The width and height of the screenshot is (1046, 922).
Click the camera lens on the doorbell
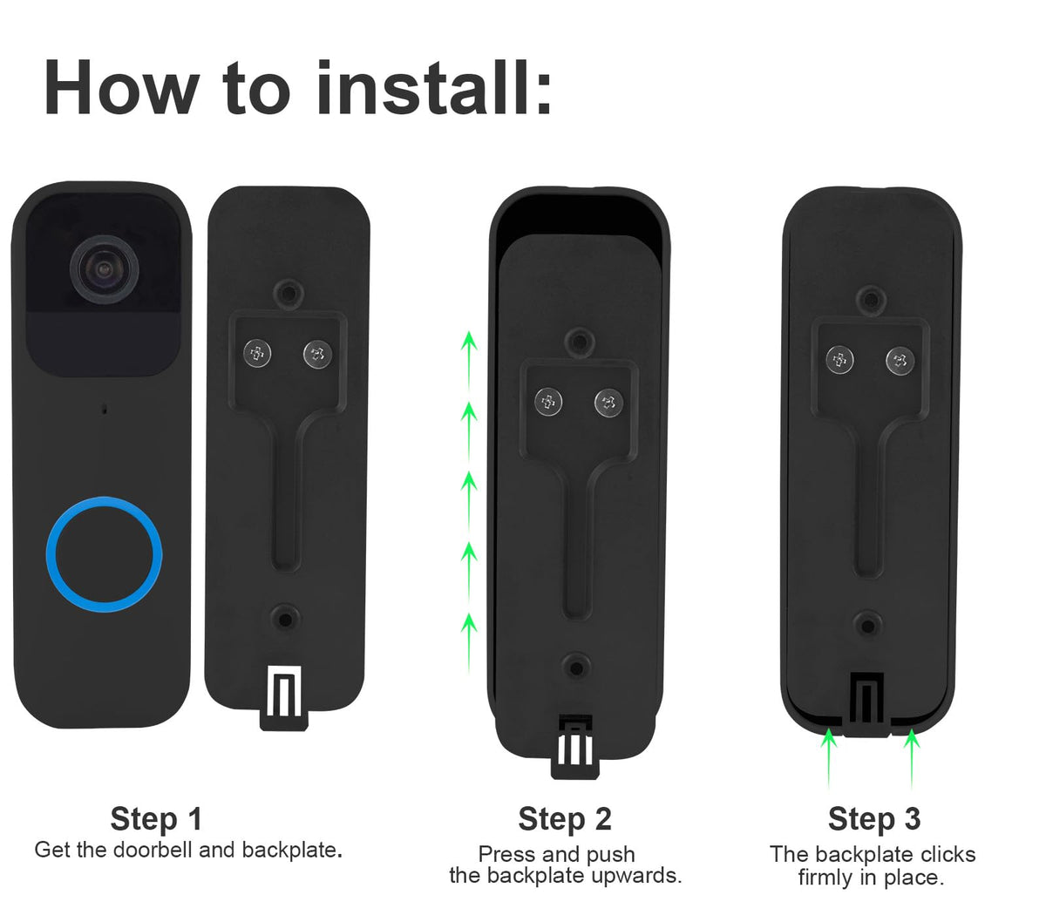[105, 269]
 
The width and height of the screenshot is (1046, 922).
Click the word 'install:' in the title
[434, 88]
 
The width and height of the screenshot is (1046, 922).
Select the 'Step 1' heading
[156, 818]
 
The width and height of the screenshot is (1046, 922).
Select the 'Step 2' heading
[565, 818]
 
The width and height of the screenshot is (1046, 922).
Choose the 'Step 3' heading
[874, 818]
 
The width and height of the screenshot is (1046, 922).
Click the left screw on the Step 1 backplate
[257, 354]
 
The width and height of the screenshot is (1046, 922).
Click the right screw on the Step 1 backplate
[317, 354]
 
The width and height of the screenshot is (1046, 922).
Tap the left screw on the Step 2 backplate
[548, 402]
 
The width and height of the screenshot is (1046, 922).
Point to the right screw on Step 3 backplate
[900, 360]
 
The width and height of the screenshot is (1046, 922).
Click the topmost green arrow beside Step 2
[469, 362]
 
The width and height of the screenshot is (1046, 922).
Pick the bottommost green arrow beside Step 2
[469, 644]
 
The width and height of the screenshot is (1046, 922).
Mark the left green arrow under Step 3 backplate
[829, 758]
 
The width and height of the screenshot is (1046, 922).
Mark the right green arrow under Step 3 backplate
[912, 758]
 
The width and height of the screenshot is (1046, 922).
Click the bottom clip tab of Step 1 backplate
[284, 698]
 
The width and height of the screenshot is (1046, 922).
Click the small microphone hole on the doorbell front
[105, 410]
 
